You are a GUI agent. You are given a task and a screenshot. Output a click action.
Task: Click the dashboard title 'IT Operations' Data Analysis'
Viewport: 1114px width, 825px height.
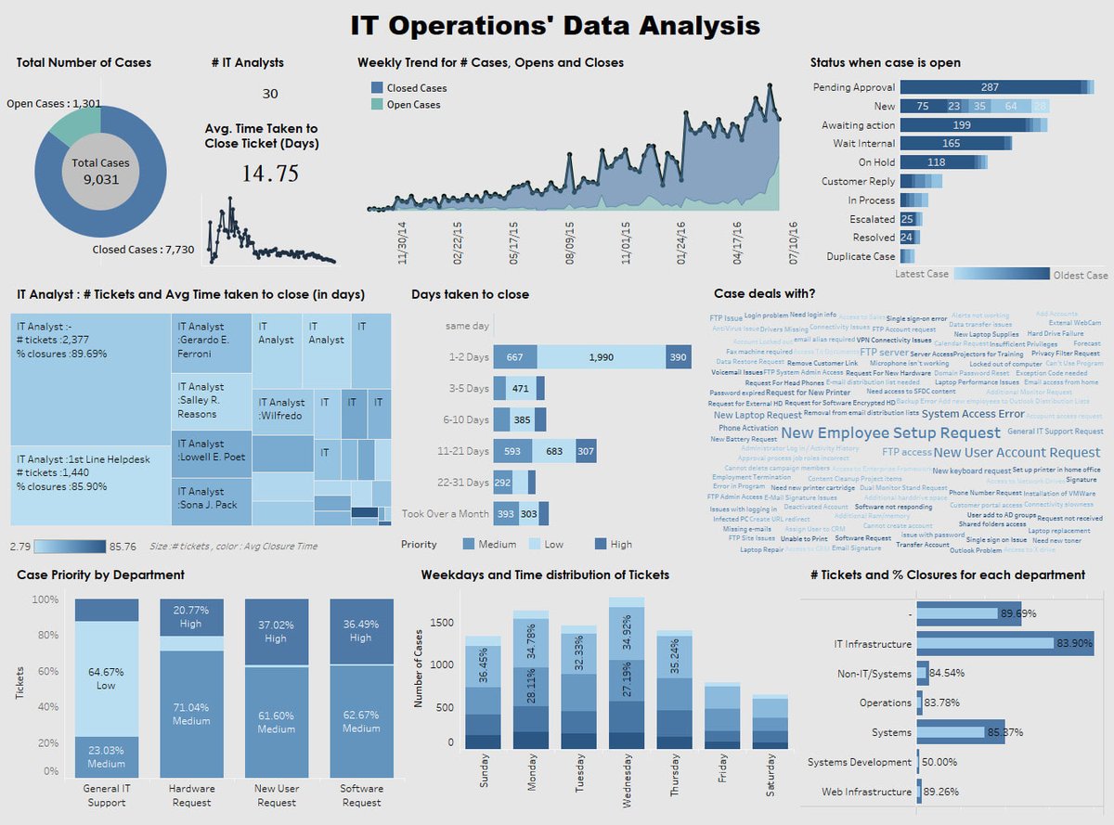tap(555, 25)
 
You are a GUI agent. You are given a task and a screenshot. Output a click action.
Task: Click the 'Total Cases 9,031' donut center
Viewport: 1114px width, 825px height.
tap(102, 171)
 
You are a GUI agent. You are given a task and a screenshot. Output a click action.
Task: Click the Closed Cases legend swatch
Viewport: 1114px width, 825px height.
tap(376, 88)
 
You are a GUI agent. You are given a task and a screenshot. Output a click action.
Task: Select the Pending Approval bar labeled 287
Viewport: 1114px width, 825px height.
tap(990, 87)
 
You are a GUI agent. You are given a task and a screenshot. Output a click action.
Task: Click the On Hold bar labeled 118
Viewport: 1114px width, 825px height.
tap(937, 162)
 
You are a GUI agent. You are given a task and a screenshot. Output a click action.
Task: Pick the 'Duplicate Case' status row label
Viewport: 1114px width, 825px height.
tap(861, 256)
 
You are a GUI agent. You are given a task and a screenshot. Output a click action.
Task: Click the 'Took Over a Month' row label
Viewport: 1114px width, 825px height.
tap(445, 513)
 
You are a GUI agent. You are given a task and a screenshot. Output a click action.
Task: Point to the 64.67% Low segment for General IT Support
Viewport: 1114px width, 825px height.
tap(107, 678)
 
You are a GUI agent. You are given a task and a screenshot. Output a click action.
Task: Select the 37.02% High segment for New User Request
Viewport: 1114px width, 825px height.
tap(276, 632)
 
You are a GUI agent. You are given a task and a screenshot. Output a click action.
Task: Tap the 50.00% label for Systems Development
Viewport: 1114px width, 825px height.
tap(941, 762)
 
